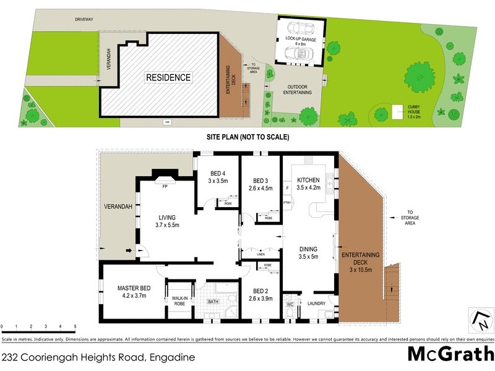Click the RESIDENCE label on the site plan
pyautogui.click(x=168, y=78)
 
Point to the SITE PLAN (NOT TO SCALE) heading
pyautogui.click(x=247, y=137)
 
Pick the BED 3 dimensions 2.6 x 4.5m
pyautogui.click(x=260, y=189)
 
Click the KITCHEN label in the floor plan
pyautogui.click(x=308, y=179)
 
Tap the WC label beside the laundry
pyautogui.click(x=290, y=304)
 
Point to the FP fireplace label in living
pyautogui.click(x=165, y=185)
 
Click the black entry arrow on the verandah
pyautogui.click(x=129, y=250)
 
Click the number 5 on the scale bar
pyautogui.click(x=75, y=326)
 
